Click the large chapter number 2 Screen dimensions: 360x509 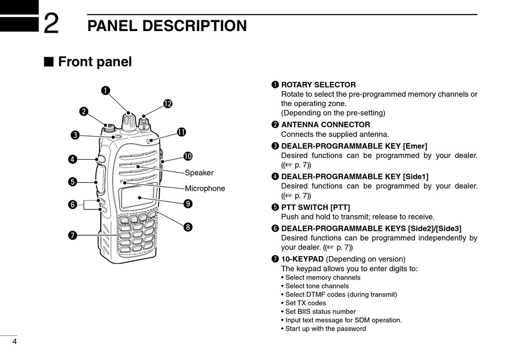tap(51, 24)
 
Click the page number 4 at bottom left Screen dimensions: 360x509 tap(14, 342)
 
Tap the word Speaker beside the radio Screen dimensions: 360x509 tap(199, 173)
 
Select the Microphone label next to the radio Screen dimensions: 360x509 tap(205, 189)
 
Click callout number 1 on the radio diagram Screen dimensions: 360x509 tap(106, 90)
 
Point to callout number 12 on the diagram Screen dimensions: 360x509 tap(168, 103)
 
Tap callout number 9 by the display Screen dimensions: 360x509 tap(188, 204)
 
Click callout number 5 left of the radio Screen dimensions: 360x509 tap(72, 182)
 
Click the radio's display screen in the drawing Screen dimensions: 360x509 tap(138, 197)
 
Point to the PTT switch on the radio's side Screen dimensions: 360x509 tap(101, 179)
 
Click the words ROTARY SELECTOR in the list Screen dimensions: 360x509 tap(318, 85)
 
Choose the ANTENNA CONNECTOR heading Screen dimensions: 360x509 tap(325, 125)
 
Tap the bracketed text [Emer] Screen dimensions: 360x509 tap(415, 146)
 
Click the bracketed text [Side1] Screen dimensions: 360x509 tap(415, 177)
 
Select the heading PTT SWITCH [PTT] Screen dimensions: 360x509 tap(316, 207)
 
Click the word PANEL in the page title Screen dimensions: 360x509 tap(115, 26)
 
